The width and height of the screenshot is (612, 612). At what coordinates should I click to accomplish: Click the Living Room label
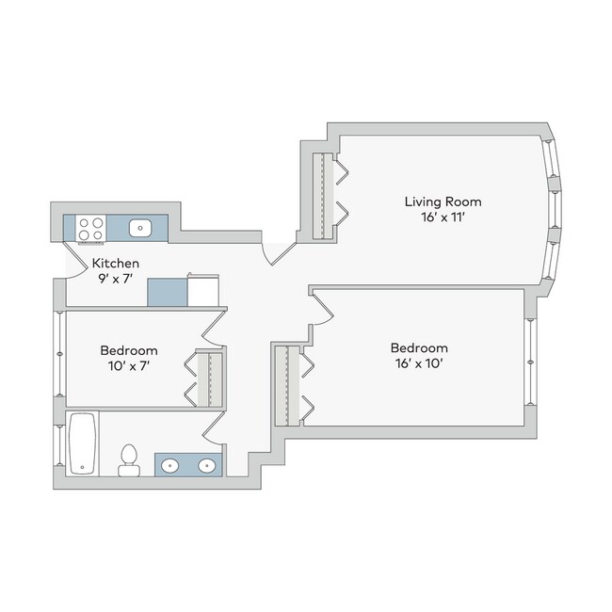click(443, 201)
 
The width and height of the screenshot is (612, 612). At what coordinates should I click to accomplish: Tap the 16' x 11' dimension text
click(443, 217)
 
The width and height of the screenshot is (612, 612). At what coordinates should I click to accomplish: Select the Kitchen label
click(116, 264)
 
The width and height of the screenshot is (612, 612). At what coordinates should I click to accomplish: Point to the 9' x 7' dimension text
click(116, 279)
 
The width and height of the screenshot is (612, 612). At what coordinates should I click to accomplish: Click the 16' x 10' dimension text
click(419, 363)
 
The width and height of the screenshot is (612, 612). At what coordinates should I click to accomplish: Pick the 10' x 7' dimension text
click(129, 366)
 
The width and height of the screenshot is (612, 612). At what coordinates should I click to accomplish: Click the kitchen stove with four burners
click(91, 229)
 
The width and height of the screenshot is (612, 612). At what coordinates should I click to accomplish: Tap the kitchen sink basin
click(140, 228)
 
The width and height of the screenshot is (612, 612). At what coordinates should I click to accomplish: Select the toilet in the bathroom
click(129, 460)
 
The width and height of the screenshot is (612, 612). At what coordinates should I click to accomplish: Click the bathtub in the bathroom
click(82, 443)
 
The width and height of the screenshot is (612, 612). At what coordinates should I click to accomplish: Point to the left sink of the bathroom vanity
click(170, 466)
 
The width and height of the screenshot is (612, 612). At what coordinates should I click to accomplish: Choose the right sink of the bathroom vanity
click(207, 466)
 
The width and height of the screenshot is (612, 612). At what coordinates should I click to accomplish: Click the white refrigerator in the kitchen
click(203, 290)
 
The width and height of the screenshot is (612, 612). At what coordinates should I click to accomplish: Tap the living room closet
click(323, 196)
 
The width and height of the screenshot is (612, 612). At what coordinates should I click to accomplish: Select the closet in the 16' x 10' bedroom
click(288, 386)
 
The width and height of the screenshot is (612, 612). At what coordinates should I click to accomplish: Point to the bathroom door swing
click(214, 428)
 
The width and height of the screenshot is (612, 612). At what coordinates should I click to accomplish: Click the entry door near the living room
click(279, 253)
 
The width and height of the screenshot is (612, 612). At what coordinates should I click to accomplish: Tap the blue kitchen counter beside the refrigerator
click(168, 292)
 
